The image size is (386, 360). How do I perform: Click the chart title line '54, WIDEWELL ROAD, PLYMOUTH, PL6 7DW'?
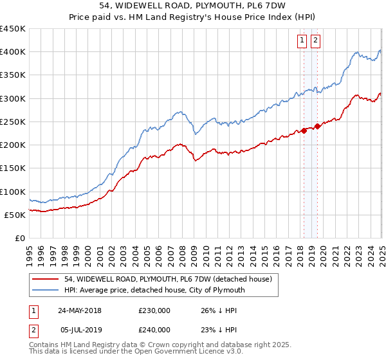[193, 7]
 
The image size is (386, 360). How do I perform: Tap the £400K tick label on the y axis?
[13, 51]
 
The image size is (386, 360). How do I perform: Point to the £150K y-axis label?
[13, 168]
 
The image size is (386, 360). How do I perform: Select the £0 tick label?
[19, 238]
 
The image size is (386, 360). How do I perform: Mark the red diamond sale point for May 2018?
[304, 130]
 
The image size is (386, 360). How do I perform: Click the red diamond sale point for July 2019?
[317, 127]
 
